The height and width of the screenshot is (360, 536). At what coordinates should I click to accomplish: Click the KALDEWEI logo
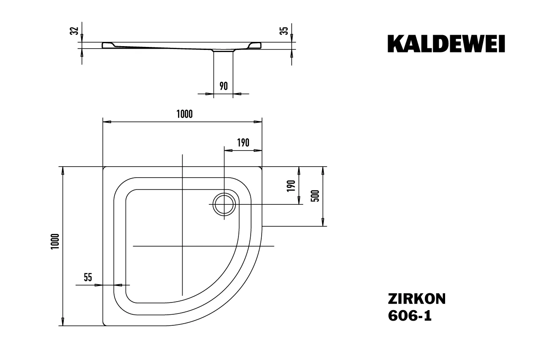click(446, 44)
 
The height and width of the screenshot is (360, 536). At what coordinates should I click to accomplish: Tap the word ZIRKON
click(416, 299)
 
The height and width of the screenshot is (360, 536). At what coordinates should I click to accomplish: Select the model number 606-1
click(410, 316)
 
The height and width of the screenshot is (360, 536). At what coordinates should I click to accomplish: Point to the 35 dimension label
click(285, 30)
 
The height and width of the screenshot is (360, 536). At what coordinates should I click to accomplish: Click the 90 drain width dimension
click(224, 86)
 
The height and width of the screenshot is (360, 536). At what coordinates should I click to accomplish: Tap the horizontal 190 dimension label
click(243, 143)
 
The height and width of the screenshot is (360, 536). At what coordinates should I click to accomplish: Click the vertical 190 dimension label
click(291, 186)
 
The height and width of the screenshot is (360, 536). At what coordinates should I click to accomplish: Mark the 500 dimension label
click(315, 195)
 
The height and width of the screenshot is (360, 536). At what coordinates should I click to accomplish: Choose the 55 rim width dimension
click(88, 278)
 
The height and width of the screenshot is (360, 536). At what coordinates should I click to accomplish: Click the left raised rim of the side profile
click(109, 45)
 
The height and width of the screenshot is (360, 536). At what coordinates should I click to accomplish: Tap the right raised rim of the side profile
click(255, 45)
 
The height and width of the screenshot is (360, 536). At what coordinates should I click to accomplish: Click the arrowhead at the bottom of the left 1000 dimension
click(63, 322)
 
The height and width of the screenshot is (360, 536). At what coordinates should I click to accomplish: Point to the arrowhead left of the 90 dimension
click(210, 93)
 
